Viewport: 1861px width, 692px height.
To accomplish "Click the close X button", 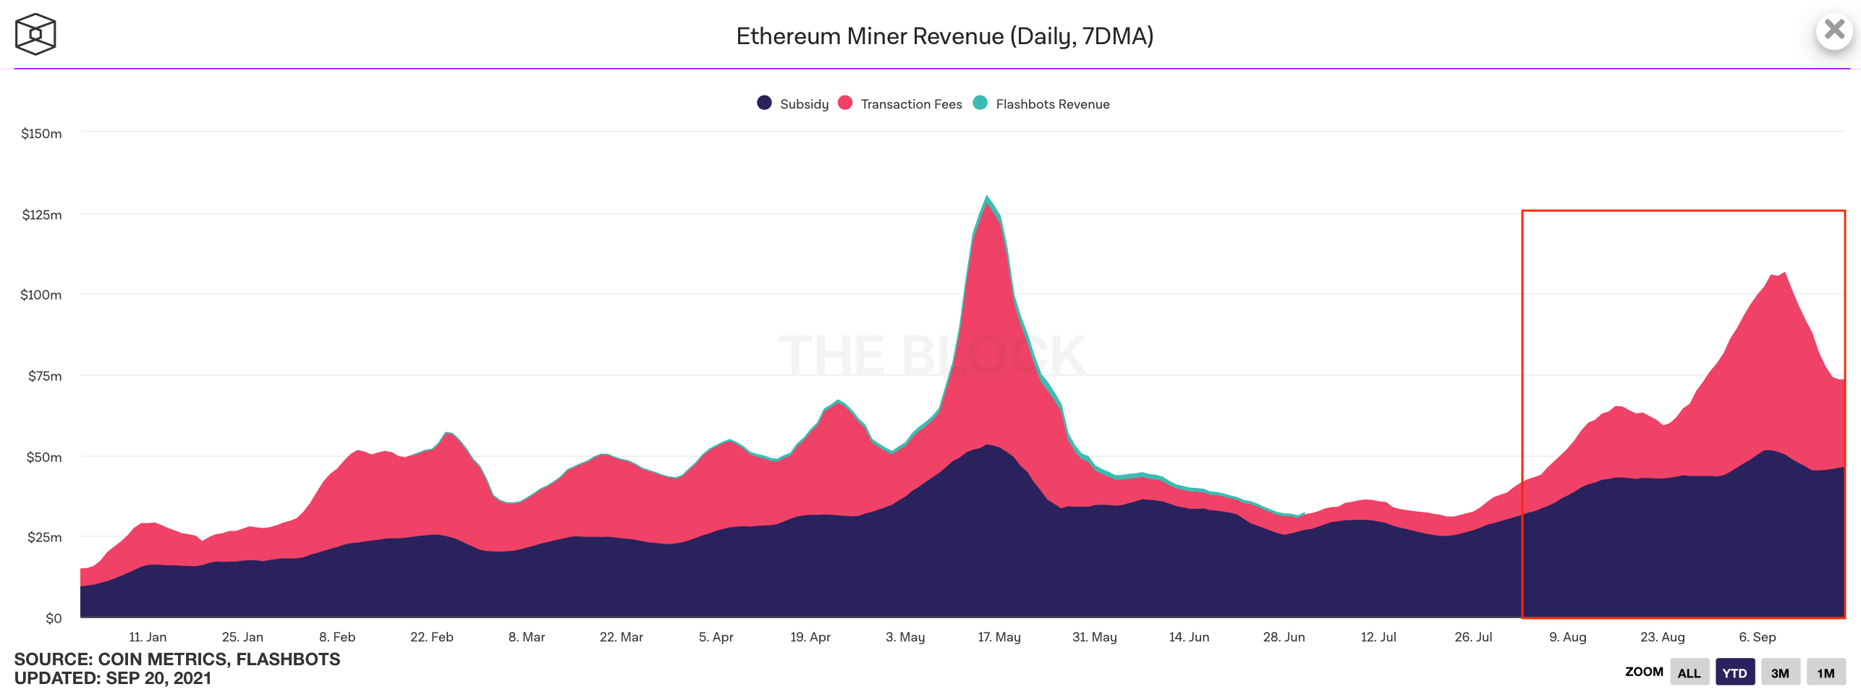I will point(1834,30).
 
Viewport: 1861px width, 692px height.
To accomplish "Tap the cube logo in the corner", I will point(35,34).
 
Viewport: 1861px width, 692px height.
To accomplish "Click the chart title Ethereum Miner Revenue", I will point(944,36).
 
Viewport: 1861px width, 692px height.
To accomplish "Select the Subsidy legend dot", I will point(764,103).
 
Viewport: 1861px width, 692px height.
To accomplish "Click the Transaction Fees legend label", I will point(911,104).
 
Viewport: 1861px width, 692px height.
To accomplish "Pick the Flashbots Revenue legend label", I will point(1052,104).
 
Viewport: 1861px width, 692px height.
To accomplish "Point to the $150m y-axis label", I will point(41,134).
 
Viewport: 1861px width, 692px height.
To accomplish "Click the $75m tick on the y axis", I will point(45,376).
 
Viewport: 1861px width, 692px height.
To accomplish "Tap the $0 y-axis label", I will point(54,618).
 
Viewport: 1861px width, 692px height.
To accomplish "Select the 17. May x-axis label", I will point(999,637).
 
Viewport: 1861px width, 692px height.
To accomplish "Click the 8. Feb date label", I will point(337,637).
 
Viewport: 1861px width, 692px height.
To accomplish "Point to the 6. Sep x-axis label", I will point(1758,637).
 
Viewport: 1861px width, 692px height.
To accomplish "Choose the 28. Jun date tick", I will point(1284,637).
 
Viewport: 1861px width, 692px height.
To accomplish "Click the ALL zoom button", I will point(1689,672).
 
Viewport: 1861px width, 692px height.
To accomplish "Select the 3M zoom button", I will point(1780,672).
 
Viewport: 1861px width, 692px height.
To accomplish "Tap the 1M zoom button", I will point(1826,672).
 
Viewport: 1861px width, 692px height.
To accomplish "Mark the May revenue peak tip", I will point(986,196).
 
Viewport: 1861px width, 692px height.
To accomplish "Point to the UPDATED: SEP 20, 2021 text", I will point(113,678).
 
